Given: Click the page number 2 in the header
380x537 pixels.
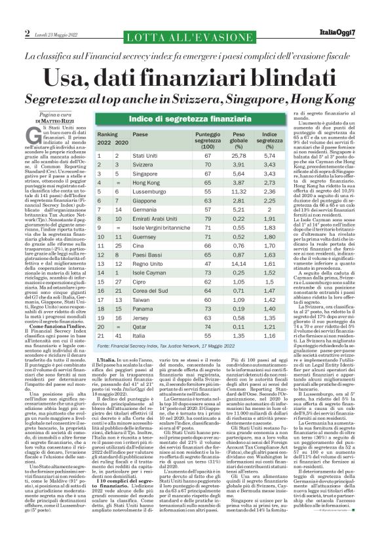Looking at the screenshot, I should (x=28, y=32).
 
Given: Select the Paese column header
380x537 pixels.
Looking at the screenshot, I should (x=140, y=134).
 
